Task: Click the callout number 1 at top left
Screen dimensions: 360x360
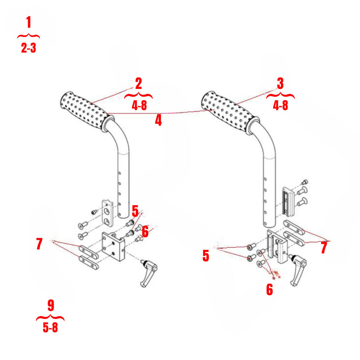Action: (x=28, y=23)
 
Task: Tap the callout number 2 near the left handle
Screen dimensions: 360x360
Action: (x=138, y=84)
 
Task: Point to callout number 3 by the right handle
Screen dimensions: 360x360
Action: (x=280, y=84)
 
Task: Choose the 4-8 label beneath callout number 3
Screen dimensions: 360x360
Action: (x=280, y=106)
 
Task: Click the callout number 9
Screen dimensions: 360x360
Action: (x=50, y=305)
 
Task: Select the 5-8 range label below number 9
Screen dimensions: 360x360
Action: (x=50, y=328)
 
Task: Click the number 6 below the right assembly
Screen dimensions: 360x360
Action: (x=269, y=289)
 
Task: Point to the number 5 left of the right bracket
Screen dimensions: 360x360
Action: (x=206, y=256)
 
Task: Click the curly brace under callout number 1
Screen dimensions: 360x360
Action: (x=28, y=36)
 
